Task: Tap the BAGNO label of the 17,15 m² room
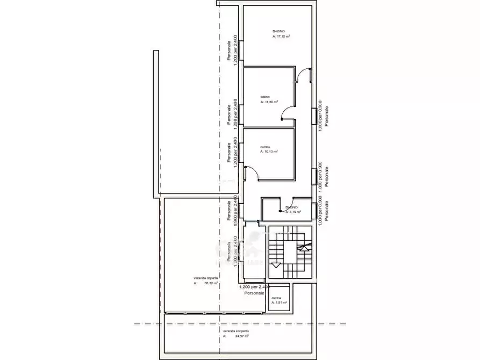pos(278,31)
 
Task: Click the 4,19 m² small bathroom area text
pos(294,212)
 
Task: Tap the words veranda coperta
pos(205,278)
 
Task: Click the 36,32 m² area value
pos(210,283)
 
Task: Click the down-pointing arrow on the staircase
pos(277,265)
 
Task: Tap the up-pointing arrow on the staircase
pos(305,247)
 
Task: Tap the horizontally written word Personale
pos(254,293)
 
